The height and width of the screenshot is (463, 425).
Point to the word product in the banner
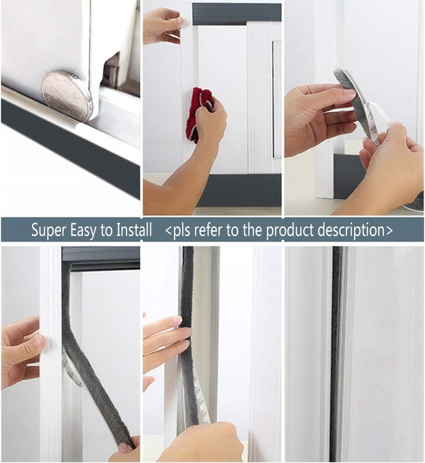tap(292, 230)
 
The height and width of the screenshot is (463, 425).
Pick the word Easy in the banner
tap(84, 230)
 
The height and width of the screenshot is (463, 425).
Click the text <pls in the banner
tap(178, 230)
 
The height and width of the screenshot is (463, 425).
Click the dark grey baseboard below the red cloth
tap(241, 190)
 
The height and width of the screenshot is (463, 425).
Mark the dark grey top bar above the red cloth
tap(236, 13)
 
